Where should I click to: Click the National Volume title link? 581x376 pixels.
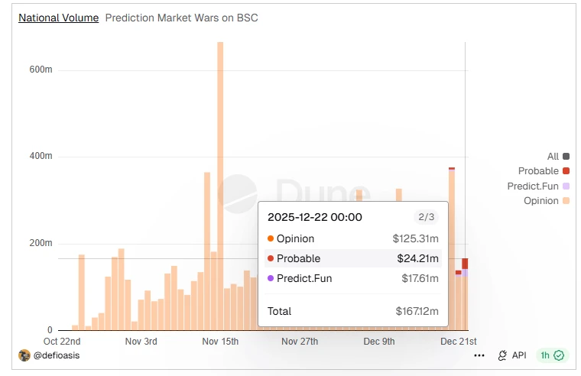coord(58,18)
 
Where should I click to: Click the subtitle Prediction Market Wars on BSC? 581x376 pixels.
coord(181,18)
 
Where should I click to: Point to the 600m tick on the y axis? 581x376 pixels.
coord(41,70)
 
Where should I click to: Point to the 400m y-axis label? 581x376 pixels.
coord(41,156)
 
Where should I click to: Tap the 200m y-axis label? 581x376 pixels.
coord(41,243)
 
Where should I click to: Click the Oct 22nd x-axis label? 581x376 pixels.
coord(62,342)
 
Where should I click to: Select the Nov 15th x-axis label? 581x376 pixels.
coord(219,342)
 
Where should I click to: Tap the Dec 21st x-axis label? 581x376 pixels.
coord(459,342)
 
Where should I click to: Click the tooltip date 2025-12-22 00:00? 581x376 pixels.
coord(314,217)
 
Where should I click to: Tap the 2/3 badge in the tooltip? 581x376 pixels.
coord(424,217)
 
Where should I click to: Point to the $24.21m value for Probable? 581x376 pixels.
coord(417,258)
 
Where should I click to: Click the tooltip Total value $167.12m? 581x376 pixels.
coord(417,312)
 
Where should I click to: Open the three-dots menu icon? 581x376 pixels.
coord(479,355)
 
